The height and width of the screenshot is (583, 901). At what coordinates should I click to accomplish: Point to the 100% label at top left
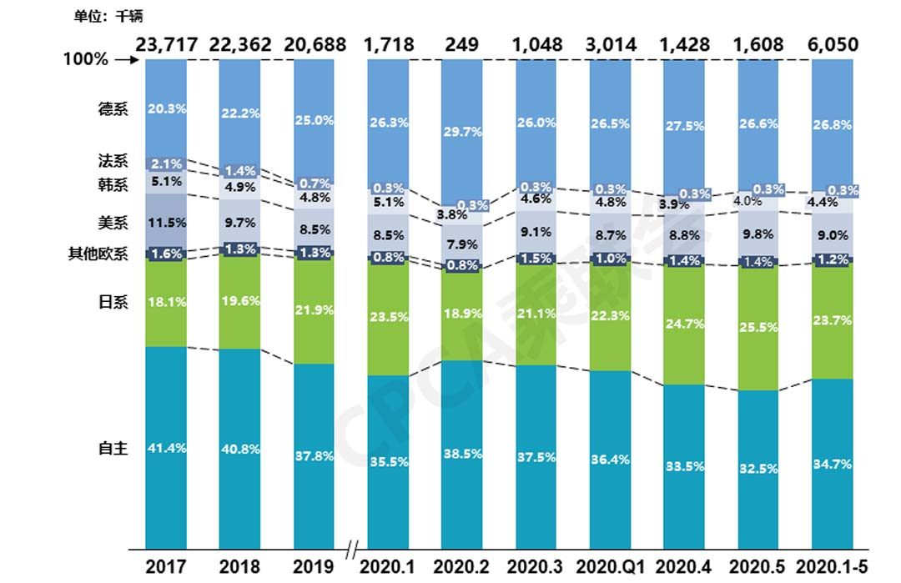(86, 60)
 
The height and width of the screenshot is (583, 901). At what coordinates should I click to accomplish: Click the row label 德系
(113, 108)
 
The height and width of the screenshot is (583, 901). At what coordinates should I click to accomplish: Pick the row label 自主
(113, 449)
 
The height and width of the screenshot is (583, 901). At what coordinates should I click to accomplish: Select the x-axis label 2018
(239, 567)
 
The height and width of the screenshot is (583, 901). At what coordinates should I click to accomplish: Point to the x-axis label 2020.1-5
(832, 567)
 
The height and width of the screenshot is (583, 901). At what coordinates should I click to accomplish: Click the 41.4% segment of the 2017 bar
(165, 449)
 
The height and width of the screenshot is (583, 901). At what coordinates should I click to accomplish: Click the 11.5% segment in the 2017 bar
(165, 223)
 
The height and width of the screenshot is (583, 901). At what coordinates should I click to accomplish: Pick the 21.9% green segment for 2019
(314, 309)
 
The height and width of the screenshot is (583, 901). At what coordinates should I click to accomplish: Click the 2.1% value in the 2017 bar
(165, 163)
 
